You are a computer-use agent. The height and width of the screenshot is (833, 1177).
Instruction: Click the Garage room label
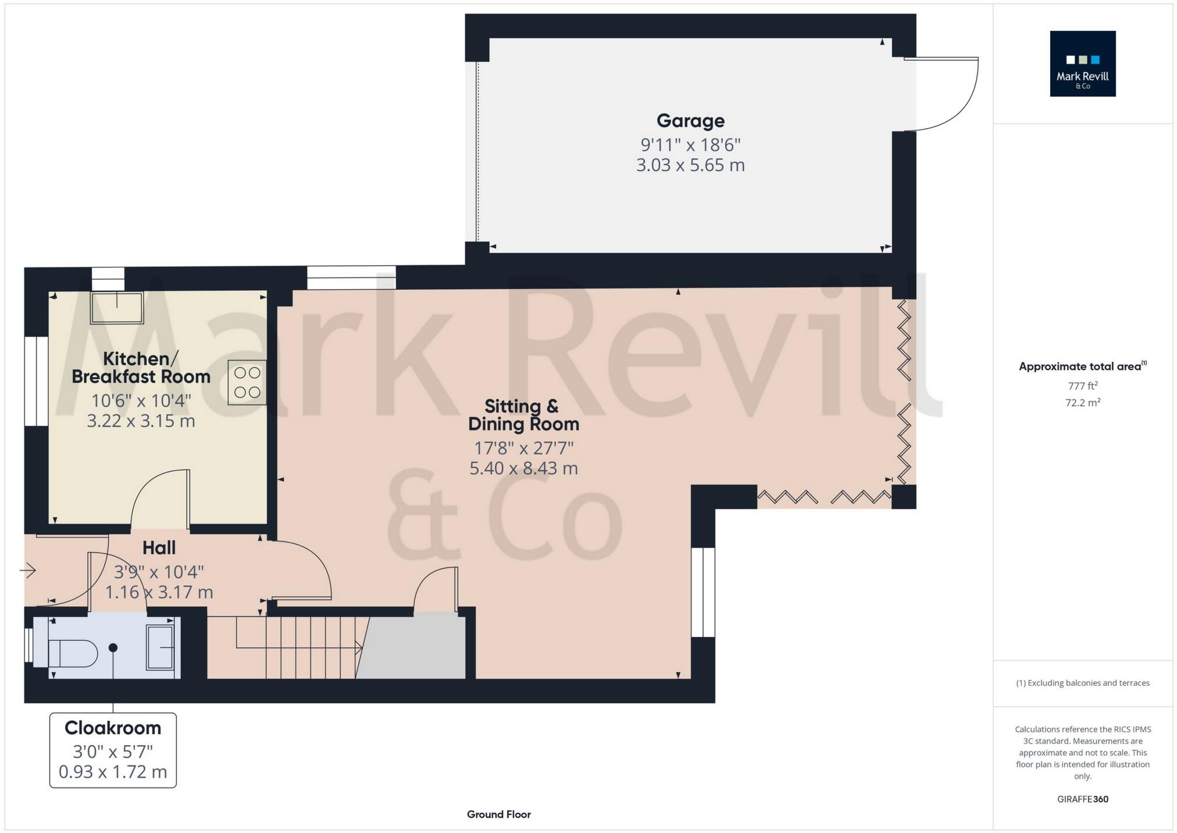690,121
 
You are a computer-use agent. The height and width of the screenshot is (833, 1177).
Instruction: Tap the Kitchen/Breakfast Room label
141,368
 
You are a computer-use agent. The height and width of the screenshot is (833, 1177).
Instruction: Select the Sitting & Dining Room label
523,415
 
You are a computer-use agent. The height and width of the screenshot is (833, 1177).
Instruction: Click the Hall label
159,548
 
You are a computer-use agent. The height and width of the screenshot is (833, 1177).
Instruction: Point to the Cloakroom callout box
113,750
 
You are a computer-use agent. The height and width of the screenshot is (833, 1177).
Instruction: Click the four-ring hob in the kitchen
247,383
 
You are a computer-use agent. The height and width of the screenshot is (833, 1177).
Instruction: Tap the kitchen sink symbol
116,308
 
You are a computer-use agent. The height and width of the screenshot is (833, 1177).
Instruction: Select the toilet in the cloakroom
73,653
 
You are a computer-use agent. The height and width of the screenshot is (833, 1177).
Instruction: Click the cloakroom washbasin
159,647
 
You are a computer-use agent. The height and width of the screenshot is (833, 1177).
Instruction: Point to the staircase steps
302,647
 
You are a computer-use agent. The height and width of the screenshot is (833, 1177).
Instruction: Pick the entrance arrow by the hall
28,571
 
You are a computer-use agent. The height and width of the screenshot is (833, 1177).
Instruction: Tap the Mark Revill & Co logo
1082,64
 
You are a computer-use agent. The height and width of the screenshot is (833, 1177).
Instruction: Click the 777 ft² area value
1082,386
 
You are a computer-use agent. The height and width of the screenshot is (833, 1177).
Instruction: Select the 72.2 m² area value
1082,403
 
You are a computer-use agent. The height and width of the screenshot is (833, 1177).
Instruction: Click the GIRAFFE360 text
1082,799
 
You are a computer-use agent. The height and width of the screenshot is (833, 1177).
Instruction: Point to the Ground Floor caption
498,814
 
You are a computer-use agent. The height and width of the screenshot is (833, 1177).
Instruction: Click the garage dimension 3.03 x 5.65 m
690,165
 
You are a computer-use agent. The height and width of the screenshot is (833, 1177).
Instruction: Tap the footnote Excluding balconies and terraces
1082,683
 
